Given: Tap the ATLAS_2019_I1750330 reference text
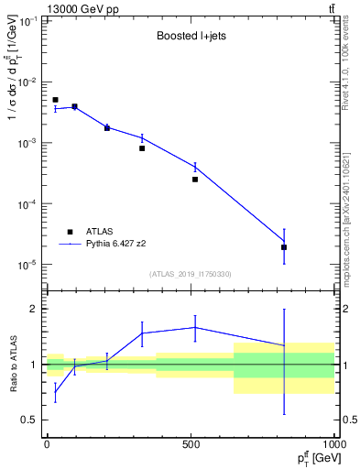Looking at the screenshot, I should click(190, 274).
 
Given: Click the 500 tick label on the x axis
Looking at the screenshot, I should click(191, 443).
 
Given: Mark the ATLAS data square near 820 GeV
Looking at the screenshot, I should click(284, 247).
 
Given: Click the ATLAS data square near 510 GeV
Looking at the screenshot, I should click(195, 180).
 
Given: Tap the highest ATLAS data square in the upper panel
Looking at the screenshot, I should click(55, 100).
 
